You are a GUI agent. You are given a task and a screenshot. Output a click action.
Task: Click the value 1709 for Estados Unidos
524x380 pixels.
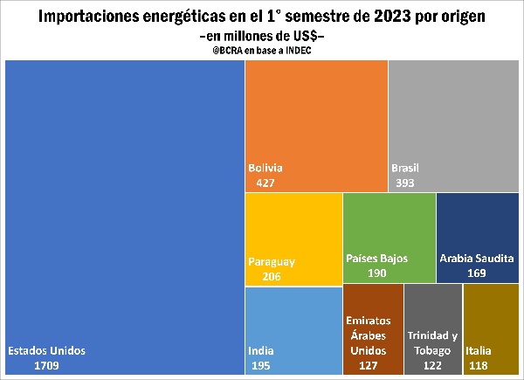[47, 364]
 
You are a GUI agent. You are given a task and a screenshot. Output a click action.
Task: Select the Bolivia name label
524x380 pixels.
[265, 168]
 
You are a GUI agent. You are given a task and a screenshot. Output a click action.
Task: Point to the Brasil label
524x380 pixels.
[405, 168]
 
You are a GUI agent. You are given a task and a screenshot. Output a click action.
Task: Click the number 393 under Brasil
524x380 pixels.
[404, 183]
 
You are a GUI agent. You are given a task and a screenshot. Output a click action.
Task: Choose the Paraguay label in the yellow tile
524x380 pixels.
[272, 261]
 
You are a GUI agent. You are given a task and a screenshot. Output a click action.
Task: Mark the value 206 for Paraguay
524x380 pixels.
[272, 276]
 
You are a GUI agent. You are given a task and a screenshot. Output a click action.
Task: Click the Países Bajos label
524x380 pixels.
[377, 259]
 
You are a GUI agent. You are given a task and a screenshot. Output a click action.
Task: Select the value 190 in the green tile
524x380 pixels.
[377, 273]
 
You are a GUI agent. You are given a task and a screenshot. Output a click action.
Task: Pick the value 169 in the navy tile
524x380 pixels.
[476, 273]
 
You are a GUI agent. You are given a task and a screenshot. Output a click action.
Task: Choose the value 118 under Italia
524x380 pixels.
[479, 364]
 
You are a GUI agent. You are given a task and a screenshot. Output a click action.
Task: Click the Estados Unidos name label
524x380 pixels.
[47, 350]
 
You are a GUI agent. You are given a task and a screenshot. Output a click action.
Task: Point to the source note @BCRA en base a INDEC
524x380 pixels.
[261, 50]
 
